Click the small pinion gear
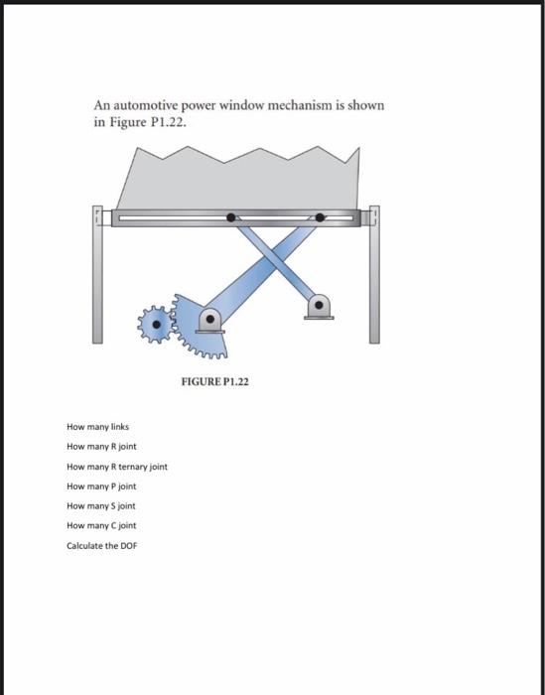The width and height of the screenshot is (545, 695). pyautogui.click(x=155, y=323)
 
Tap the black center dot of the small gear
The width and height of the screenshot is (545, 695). pyautogui.click(x=155, y=323)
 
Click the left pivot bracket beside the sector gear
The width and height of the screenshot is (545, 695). pyautogui.click(x=210, y=321)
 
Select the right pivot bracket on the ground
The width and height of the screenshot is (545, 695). pyautogui.click(x=318, y=307)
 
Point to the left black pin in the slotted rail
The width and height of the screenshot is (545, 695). pyautogui.click(x=231, y=216)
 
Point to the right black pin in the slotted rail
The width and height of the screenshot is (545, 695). pyautogui.click(x=320, y=216)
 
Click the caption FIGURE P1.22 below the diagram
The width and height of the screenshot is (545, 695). pyautogui.click(x=214, y=380)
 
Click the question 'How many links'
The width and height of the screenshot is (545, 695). pyautogui.click(x=98, y=426)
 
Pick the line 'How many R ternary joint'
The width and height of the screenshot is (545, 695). pyautogui.click(x=117, y=466)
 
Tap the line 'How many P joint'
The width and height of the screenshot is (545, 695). pyautogui.click(x=101, y=486)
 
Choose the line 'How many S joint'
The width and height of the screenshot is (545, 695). pyautogui.click(x=101, y=506)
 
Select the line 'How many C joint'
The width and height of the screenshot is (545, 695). pyautogui.click(x=101, y=526)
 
